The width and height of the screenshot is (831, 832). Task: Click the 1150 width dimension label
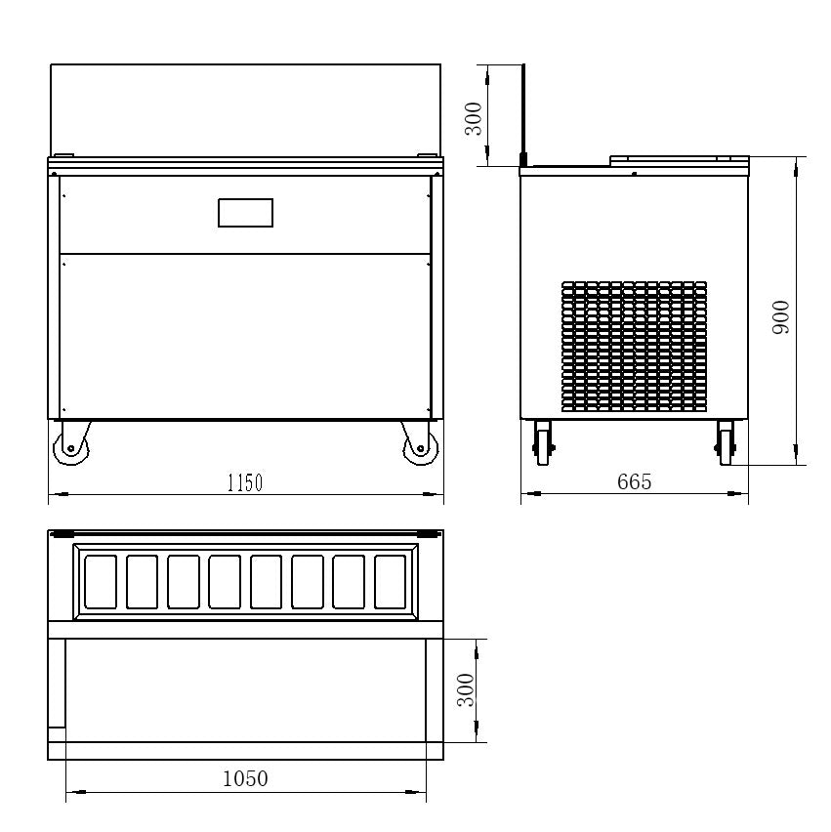[245, 482]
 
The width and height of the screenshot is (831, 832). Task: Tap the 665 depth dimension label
[634, 481]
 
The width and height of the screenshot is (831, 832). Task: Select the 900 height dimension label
[780, 316]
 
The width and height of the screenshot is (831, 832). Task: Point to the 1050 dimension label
[245, 778]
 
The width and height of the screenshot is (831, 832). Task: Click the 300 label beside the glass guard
[474, 119]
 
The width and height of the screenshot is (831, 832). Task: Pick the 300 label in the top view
[466, 689]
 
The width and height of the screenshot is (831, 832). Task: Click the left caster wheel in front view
[71, 444]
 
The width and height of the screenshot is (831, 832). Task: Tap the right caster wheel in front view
[420, 444]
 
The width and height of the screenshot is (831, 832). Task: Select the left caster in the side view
[543, 443]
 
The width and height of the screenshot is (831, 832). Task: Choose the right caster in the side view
[726, 443]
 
